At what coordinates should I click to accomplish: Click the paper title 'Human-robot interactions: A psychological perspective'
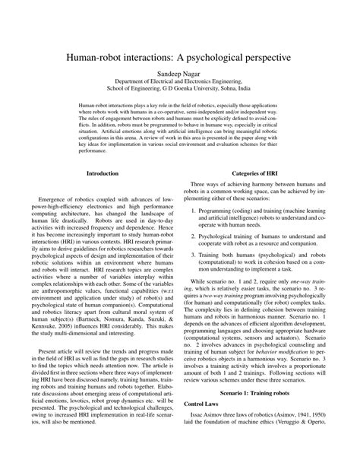[x=180, y=57]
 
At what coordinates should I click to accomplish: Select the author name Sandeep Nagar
[x=180, y=76]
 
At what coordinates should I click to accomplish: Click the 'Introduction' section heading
[x=102, y=195]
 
